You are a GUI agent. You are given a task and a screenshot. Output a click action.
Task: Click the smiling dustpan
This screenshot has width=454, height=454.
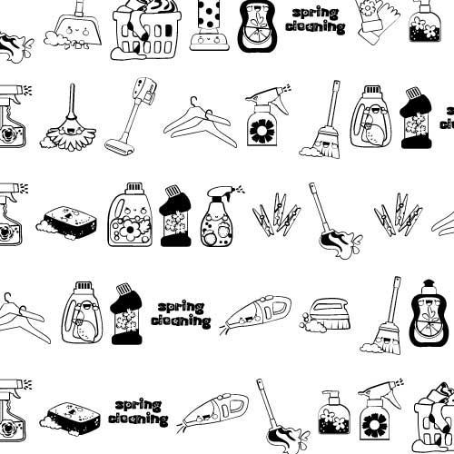73,29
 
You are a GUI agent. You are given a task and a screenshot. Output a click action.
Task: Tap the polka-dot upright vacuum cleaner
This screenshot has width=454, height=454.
209,25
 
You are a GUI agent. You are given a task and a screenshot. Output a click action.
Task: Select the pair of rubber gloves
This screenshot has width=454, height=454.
378,21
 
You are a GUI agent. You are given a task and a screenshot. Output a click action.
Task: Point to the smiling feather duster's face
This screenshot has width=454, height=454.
70,131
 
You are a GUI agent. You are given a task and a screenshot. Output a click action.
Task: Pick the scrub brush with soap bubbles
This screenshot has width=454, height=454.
324,315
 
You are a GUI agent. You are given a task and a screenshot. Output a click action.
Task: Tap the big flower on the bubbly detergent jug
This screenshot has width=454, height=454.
130,230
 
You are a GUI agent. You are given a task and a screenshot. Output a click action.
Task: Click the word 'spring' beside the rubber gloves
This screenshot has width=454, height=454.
316,13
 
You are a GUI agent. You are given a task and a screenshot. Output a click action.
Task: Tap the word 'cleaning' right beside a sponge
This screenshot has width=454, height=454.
138,419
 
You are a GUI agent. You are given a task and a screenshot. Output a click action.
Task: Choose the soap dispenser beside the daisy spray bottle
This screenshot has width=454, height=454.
333,412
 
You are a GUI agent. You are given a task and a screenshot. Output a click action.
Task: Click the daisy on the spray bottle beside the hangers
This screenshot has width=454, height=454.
262,131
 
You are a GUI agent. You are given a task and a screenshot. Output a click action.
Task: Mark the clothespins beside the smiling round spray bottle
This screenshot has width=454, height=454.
276,214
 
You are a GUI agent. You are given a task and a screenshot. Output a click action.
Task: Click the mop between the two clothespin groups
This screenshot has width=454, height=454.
335,222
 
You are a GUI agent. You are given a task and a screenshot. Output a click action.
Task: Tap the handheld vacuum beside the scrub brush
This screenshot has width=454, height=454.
256,314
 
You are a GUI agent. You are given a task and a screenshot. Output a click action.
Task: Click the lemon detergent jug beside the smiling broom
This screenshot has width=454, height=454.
370,117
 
